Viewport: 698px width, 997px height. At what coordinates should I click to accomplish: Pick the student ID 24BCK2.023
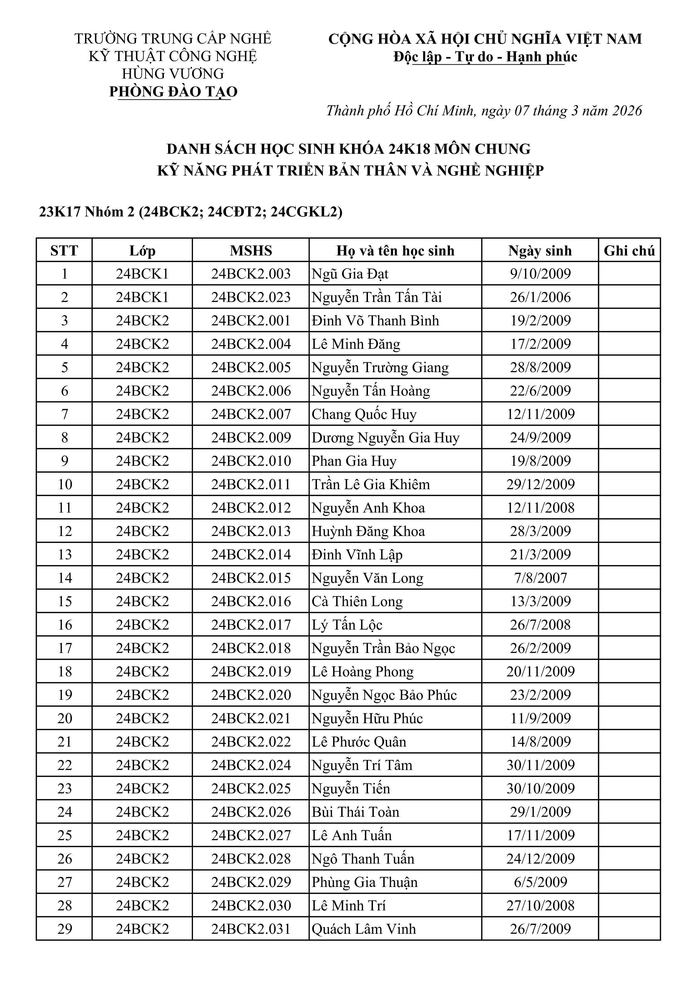251,298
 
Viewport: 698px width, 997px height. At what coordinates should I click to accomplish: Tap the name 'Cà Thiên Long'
357,601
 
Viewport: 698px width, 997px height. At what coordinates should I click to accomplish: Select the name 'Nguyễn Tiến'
351,789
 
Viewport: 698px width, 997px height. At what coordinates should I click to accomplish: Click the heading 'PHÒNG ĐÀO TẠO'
173,92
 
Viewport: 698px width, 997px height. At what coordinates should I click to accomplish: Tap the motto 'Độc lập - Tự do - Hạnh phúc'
485,57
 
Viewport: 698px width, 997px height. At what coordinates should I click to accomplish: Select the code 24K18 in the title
409,149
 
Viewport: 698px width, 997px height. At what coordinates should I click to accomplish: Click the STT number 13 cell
64,555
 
